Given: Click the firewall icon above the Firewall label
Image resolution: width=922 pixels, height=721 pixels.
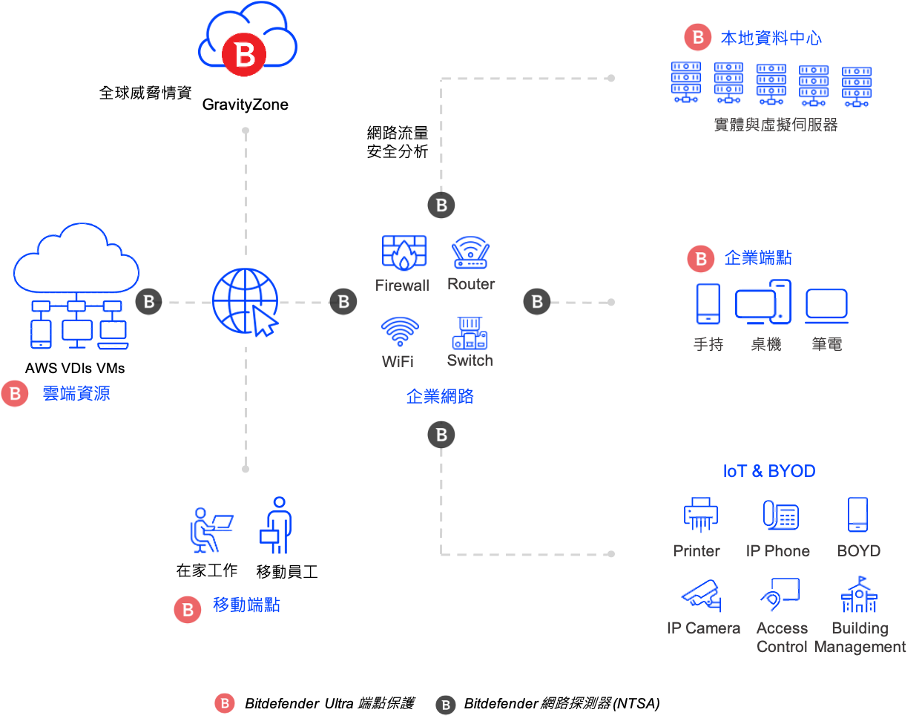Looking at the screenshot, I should (404, 253).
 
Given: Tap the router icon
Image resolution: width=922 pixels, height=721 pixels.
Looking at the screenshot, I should (470, 253).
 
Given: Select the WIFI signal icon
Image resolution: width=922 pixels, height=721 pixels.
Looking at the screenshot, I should (400, 332).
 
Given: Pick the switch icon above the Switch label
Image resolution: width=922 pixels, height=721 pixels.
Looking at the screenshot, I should (470, 333).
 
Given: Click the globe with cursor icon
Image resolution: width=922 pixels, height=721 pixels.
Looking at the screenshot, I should (246, 302).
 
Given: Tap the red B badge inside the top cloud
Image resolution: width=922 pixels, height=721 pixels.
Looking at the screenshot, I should (244, 54).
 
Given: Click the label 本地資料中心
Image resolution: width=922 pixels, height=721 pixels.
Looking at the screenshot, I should (771, 38).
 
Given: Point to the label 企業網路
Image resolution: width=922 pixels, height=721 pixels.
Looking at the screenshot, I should (440, 396).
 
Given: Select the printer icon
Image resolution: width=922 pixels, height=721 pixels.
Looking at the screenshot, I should (700, 514).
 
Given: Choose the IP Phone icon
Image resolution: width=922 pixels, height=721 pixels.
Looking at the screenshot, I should (780, 514).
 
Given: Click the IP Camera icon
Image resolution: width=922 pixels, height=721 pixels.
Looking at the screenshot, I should (701, 594).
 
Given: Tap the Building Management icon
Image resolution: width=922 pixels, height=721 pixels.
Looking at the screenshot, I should (859, 594).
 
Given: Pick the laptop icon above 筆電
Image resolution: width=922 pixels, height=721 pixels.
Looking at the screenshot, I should (826, 306).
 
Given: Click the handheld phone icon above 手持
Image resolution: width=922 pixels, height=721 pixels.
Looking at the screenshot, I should (708, 304).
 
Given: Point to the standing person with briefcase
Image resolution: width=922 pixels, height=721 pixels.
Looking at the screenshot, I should (277, 525).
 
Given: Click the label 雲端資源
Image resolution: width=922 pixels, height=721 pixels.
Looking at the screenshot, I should (76, 394).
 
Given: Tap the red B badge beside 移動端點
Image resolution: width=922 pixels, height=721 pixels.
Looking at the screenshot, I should (188, 610).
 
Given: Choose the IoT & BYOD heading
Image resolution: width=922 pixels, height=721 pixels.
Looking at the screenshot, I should (769, 471).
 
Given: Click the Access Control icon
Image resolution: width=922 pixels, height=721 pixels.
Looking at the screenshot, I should (780, 594).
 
